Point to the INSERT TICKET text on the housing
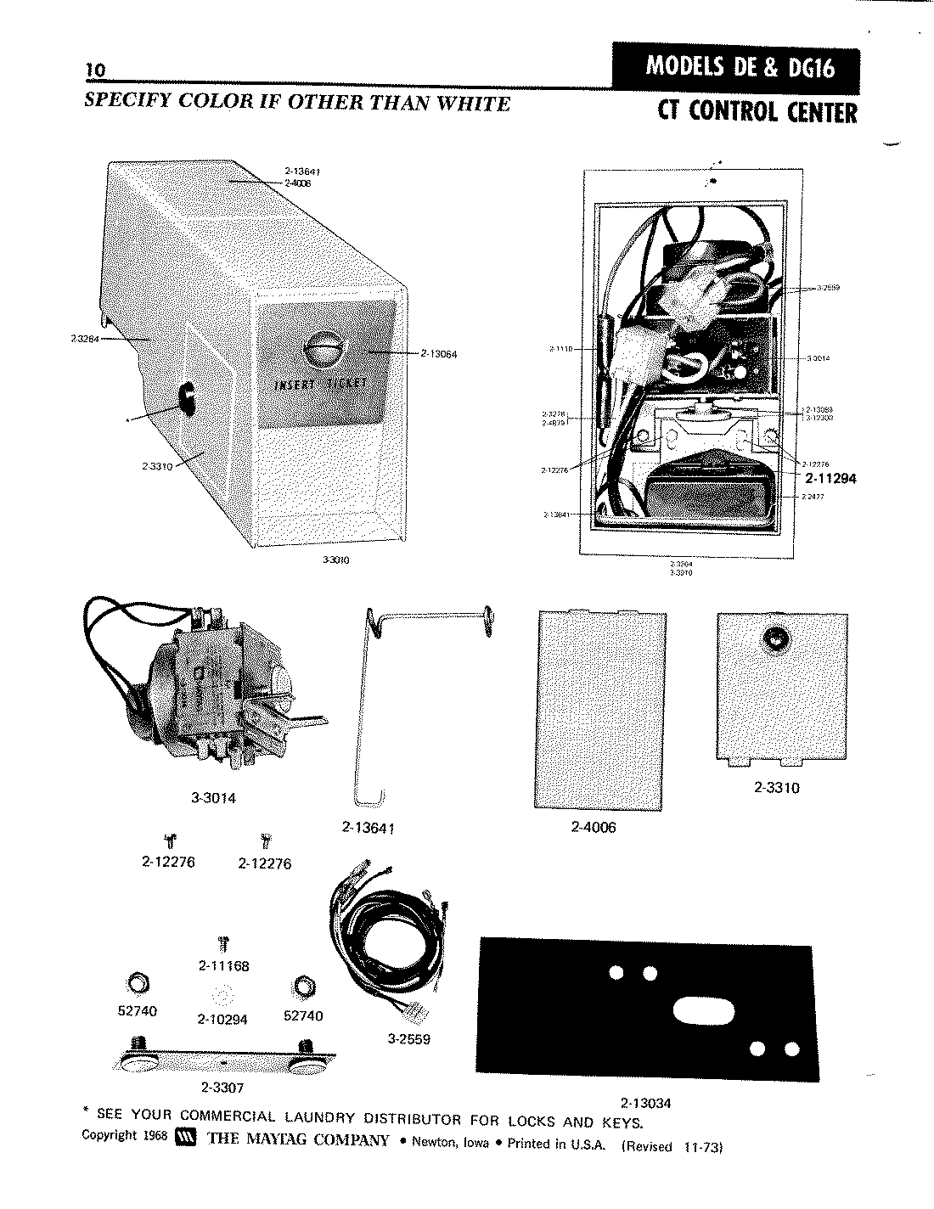click(x=321, y=385)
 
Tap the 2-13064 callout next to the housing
click(x=438, y=354)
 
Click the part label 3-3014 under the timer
click(x=213, y=798)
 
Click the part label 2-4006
click(x=594, y=827)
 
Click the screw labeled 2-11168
click(x=223, y=942)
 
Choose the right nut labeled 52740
click(x=303, y=985)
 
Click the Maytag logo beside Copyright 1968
click(x=184, y=1139)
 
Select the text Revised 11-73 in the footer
click(x=672, y=1145)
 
